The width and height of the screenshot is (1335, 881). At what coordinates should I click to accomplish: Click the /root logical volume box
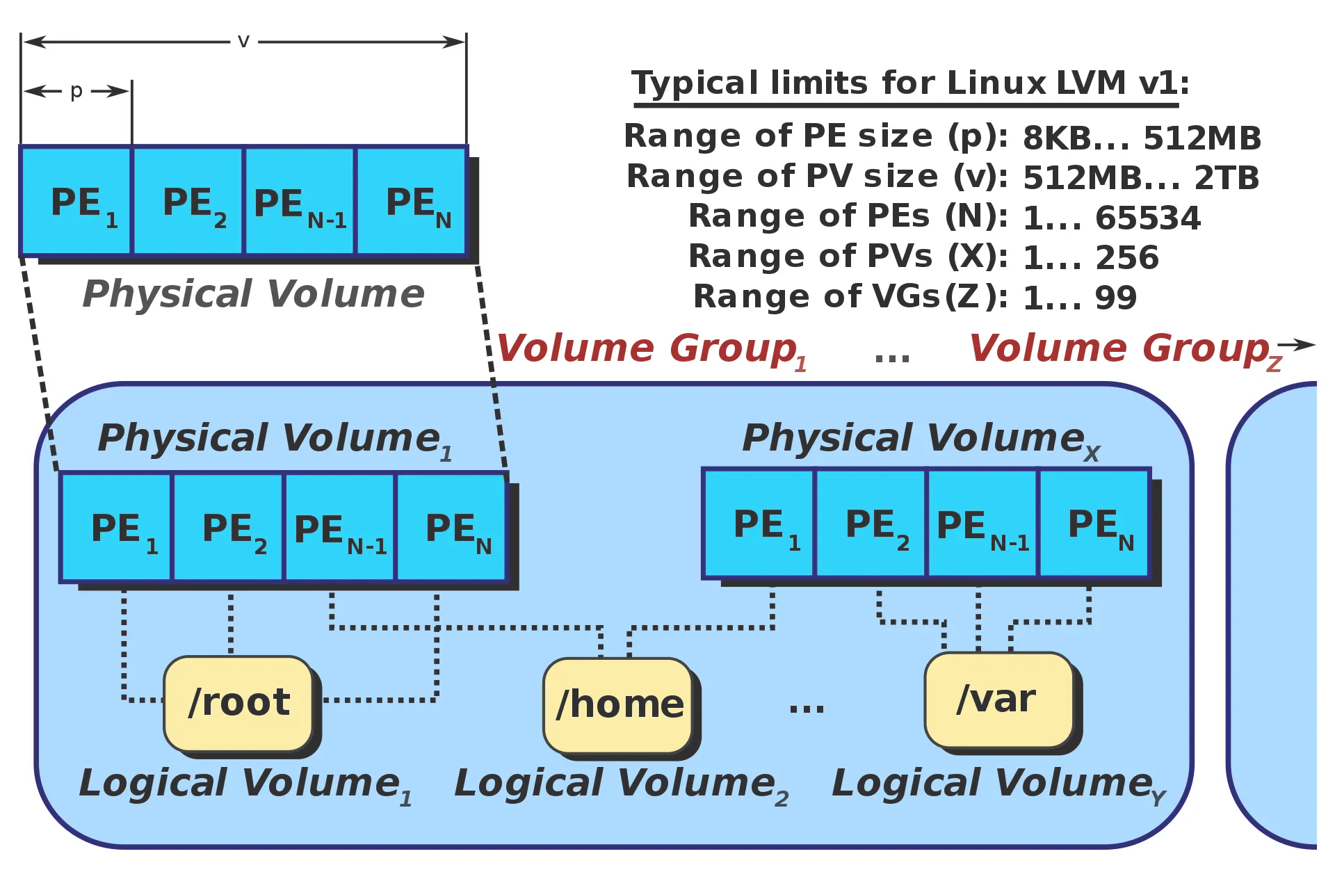(x=238, y=702)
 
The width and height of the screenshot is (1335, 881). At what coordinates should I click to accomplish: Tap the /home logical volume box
(x=618, y=704)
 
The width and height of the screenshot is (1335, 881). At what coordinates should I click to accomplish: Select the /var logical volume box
(x=998, y=699)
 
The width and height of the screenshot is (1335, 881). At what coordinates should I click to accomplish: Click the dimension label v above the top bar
(x=243, y=41)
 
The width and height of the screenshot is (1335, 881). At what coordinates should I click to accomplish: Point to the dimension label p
(x=76, y=91)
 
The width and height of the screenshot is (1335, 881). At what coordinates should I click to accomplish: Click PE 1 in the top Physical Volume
(x=76, y=202)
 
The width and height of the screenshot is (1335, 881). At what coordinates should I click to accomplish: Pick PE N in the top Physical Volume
(x=411, y=202)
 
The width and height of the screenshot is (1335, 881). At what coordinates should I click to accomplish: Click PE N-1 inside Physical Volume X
(x=982, y=525)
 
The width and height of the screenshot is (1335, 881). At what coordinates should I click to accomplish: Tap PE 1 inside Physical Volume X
(x=759, y=524)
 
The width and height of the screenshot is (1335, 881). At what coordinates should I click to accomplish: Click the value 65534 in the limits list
(x=1147, y=218)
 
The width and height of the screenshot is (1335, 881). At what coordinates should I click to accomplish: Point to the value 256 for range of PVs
(x=1127, y=258)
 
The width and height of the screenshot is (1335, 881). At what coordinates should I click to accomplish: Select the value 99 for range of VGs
(x=1115, y=298)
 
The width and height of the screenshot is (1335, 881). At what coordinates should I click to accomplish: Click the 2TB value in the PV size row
(x=1227, y=178)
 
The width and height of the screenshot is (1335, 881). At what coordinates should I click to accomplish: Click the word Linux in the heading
(x=996, y=84)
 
